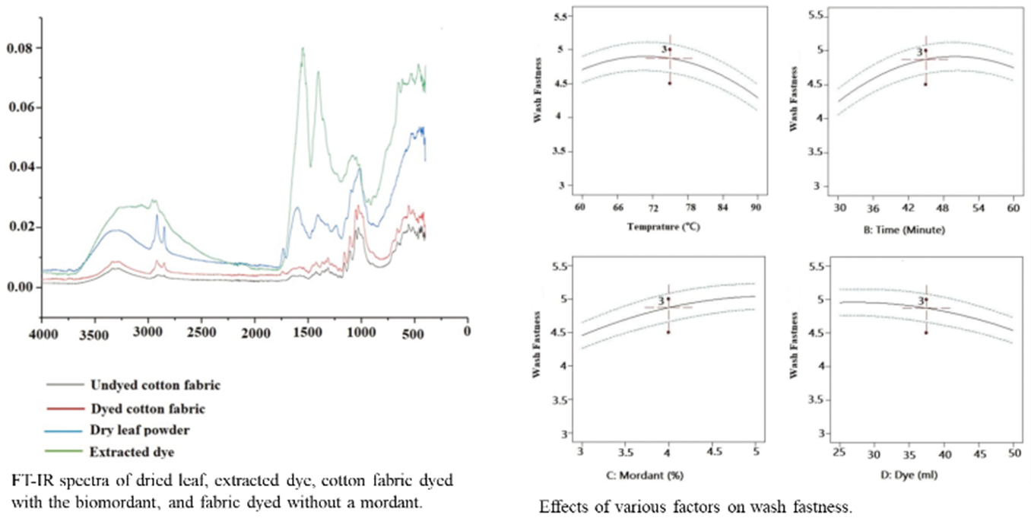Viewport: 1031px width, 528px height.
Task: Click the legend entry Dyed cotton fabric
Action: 147,409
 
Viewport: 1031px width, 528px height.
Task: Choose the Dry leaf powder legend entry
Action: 139,430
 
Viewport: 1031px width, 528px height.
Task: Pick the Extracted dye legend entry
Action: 132,452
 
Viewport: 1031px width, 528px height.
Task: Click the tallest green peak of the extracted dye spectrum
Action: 303,49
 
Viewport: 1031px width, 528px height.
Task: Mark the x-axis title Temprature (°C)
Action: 669,226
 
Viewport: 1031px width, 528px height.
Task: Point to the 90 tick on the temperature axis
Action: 757,207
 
